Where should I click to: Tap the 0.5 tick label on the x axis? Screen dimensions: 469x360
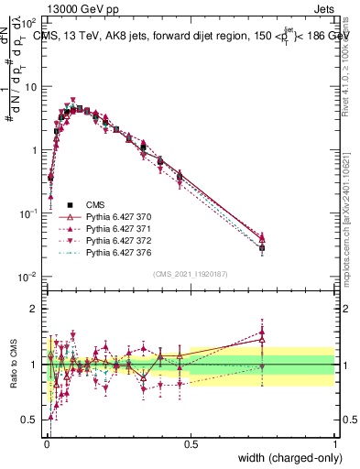click(x=190, y=444)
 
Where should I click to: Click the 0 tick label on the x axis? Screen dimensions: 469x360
click(x=46, y=444)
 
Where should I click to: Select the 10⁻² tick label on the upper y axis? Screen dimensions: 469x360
click(x=27, y=277)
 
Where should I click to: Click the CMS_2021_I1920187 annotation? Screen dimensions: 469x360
click(x=190, y=274)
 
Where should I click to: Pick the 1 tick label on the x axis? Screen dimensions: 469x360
click(x=333, y=444)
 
